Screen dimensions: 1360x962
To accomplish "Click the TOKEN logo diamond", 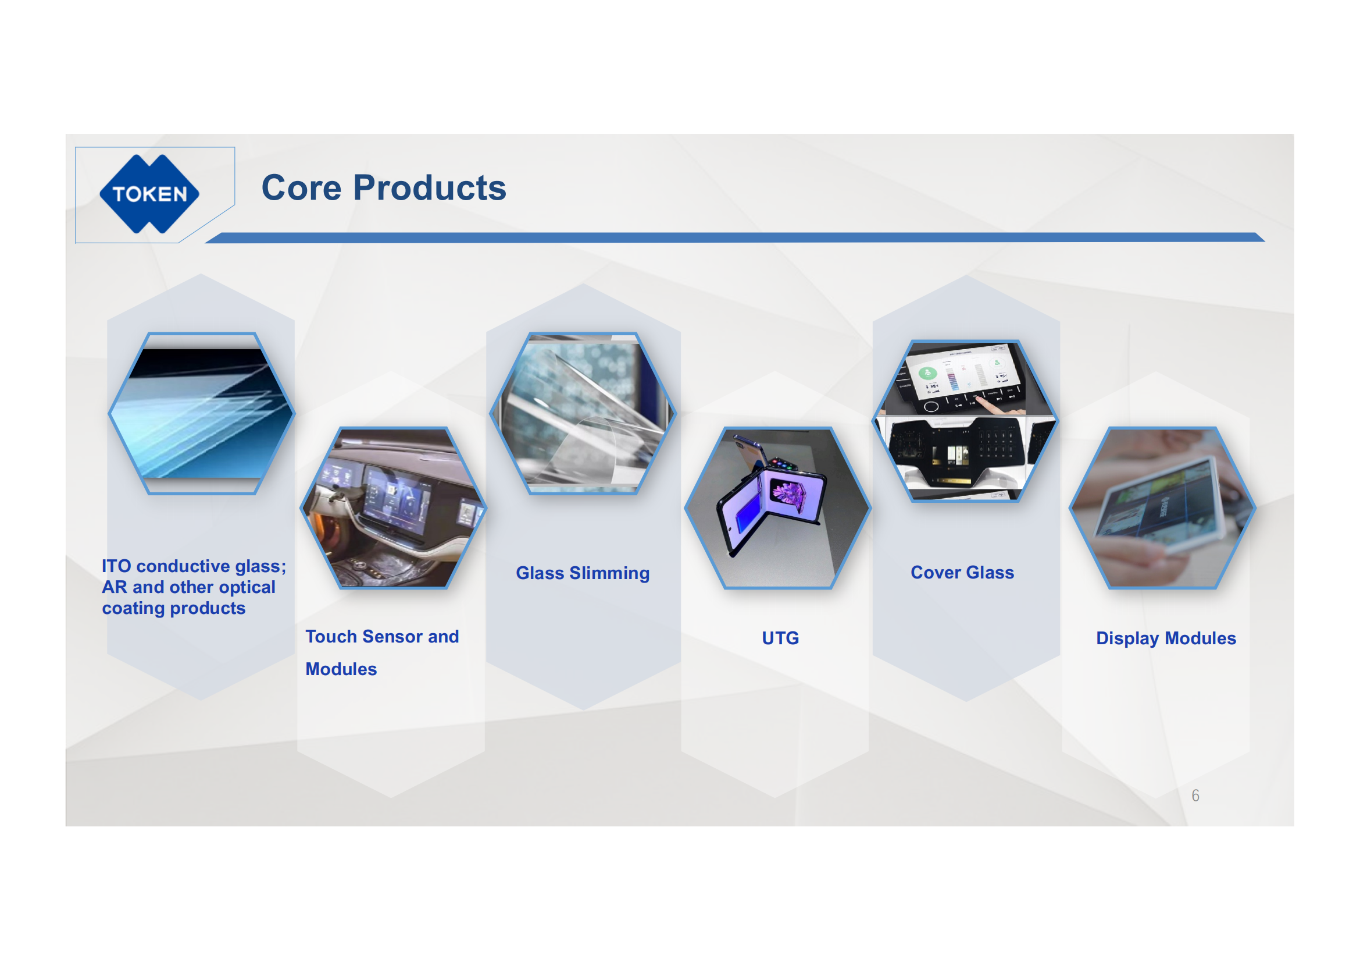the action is tap(149, 194).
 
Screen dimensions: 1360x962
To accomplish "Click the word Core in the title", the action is tap(302, 188).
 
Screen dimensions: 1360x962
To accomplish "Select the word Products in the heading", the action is tap(430, 188).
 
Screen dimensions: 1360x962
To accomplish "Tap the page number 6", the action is tap(1195, 796).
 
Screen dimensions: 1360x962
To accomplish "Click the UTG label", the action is tap(780, 638).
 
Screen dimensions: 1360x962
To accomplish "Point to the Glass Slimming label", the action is tap(583, 574).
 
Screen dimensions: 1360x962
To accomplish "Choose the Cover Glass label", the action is tap(962, 573).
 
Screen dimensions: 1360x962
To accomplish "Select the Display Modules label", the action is tap(1166, 638).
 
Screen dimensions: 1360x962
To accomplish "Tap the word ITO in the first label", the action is tap(116, 566).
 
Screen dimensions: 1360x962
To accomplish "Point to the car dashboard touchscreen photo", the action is tap(393, 508).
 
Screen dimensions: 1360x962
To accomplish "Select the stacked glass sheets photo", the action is tap(201, 413).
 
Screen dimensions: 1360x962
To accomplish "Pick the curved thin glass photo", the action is tap(583, 413).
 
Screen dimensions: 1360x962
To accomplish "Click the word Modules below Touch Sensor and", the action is tap(341, 669).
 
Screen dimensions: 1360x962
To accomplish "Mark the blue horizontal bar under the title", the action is tap(734, 237).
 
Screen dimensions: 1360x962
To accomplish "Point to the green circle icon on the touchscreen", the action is tap(927, 374).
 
